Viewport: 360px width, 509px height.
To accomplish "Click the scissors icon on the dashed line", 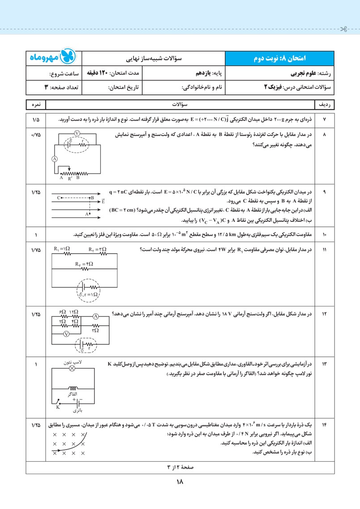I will click(343, 30).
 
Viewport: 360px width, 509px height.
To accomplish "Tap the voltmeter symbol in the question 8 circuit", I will click(77, 133).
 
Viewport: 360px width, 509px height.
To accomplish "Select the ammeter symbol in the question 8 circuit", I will click(54, 158).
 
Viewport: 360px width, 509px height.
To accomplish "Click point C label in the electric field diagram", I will click(59, 197).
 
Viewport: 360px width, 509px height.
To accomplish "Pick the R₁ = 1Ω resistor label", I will click(62, 249).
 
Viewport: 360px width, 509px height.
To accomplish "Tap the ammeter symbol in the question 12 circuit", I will click(95, 316).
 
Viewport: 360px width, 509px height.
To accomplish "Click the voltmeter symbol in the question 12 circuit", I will click(66, 334).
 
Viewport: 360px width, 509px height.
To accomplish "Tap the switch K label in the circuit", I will click(58, 407).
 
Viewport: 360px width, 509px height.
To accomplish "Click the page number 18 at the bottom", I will click(180, 482).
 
